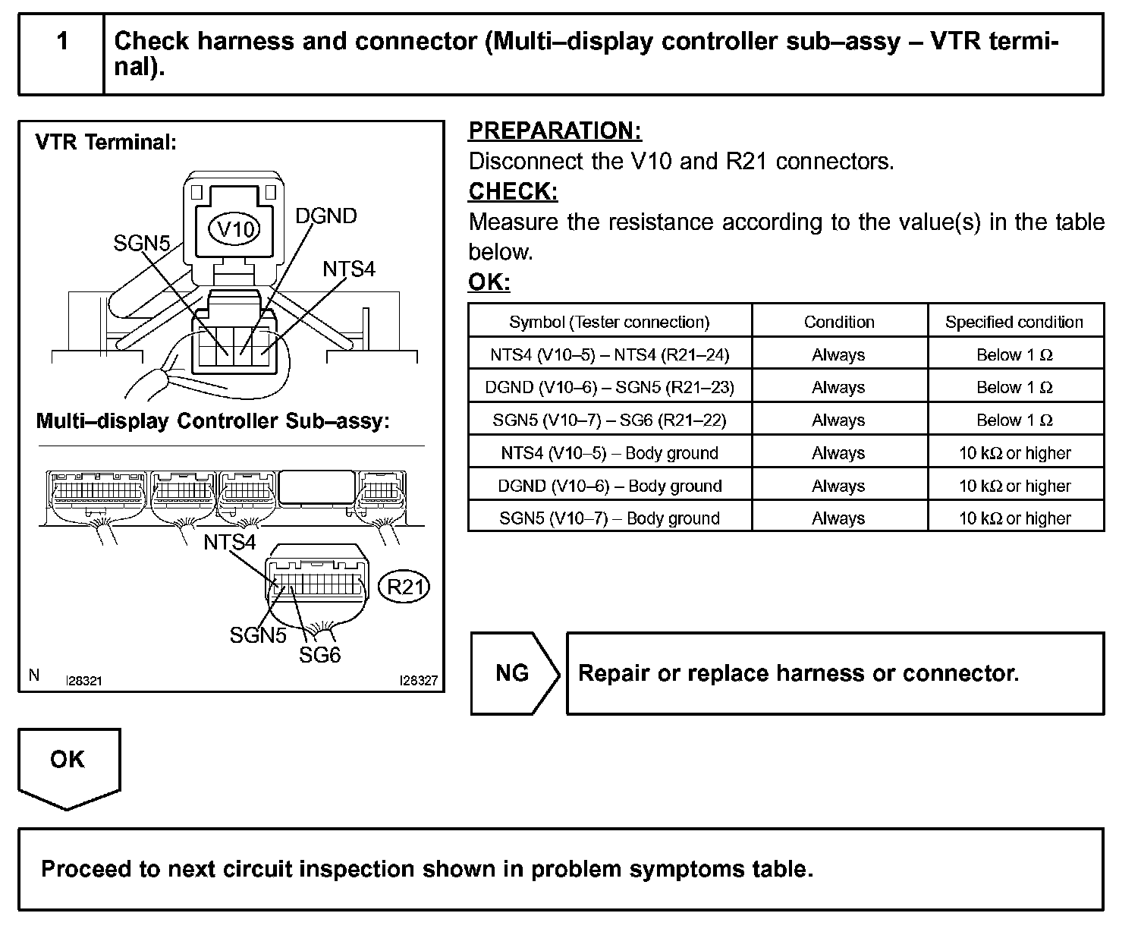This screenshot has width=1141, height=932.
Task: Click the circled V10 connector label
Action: pyautogui.click(x=234, y=228)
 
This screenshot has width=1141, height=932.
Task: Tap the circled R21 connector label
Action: pyautogui.click(x=404, y=587)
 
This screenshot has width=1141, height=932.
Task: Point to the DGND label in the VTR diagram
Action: pyautogui.click(x=325, y=216)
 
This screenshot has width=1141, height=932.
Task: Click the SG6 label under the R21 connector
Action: pyautogui.click(x=319, y=654)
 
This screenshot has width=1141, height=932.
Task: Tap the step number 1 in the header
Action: pyautogui.click(x=62, y=40)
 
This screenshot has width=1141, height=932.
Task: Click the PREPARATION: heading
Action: pyautogui.click(x=555, y=131)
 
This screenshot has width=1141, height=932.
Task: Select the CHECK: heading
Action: pyautogui.click(x=513, y=191)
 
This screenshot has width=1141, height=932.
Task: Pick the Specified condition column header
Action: pyautogui.click(x=1014, y=322)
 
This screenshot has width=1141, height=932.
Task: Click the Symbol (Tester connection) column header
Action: pyautogui.click(x=609, y=322)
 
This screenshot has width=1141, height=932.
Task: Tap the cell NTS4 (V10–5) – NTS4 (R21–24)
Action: pyautogui.click(x=609, y=354)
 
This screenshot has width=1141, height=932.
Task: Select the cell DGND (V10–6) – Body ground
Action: pyautogui.click(x=609, y=486)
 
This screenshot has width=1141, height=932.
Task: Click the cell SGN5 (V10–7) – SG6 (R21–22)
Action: pyautogui.click(x=609, y=420)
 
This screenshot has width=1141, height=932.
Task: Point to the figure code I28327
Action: pyautogui.click(x=419, y=681)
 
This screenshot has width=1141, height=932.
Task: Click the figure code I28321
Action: pyautogui.click(x=83, y=681)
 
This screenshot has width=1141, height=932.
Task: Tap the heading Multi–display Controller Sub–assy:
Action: pyautogui.click(x=212, y=421)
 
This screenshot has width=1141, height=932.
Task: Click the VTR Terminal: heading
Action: pyautogui.click(x=105, y=142)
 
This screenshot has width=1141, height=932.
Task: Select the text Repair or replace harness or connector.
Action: pyautogui.click(x=798, y=673)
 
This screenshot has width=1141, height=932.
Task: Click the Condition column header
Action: pyautogui.click(x=839, y=322)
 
